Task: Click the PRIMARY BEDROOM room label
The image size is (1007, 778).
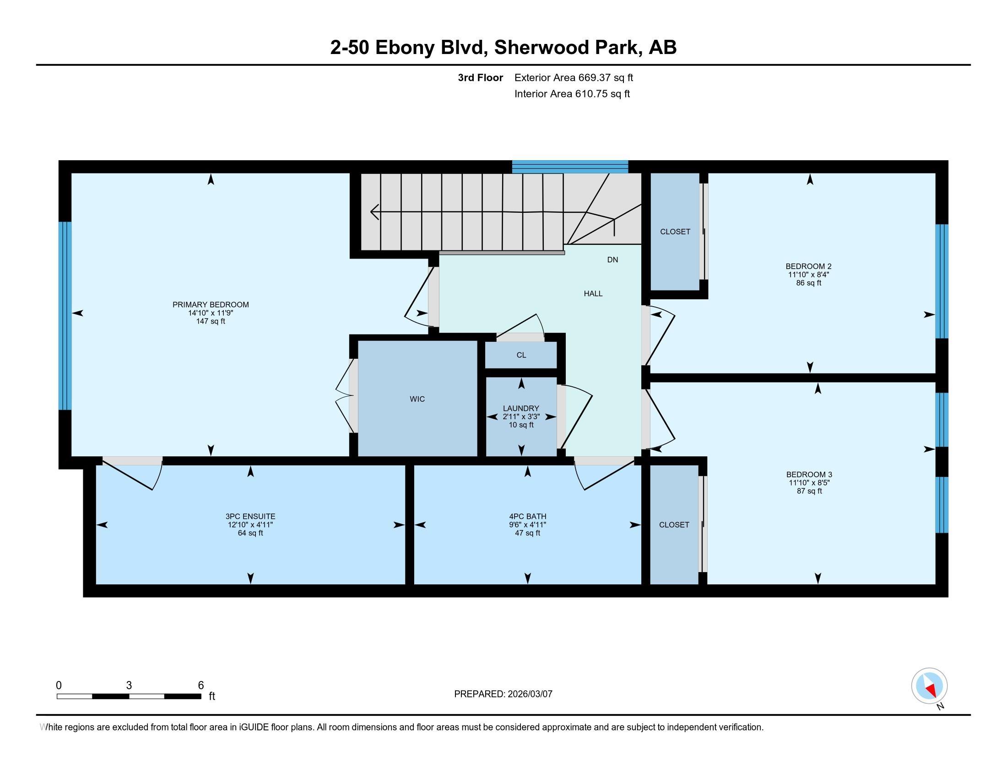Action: (x=211, y=305)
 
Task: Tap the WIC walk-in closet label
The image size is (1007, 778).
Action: (x=417, y=399)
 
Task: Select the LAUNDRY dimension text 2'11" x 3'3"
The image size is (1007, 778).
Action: (x=521, y=416)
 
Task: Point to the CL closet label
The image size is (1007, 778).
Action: (x=521, y=355)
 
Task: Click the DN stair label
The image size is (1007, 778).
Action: (x=612, y=260)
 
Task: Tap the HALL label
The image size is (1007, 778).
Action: (x=593, y=294)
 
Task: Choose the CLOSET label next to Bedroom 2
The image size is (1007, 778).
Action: (x=675, y=232)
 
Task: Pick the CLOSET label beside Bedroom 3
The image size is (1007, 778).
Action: (x=674, y=524)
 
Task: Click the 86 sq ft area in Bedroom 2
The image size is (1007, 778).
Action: (x=809, y=283)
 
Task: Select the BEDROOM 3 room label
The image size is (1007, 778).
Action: (x=809, y=474)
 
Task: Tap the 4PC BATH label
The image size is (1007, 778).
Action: (x=527, y=517)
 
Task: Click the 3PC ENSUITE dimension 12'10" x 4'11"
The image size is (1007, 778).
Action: (x=250, y=525)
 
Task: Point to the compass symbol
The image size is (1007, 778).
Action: (x=930, y=686)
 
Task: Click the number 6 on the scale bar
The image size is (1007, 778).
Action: (x=200, y=686)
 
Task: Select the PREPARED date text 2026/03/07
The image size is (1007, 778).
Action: (x=529, y=694)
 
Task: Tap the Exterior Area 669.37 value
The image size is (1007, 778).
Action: (x=592, y=77)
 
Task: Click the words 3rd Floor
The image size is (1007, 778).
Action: (x=481, y=77)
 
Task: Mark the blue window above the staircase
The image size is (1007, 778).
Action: (x=570, y=167)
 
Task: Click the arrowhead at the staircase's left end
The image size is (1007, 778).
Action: (x=374, y=212)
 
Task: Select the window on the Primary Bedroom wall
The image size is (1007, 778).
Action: (x=65, y=316)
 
